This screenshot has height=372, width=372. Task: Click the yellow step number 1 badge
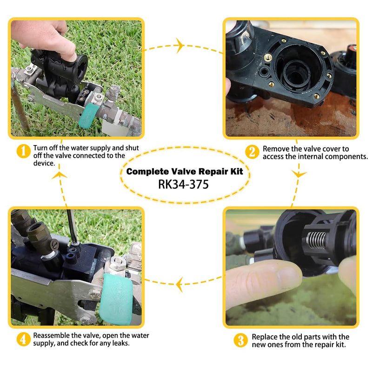[x=24, y=151]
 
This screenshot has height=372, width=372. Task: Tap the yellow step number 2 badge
[x=252, y=152]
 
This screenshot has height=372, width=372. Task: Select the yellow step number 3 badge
[x=240, y=340]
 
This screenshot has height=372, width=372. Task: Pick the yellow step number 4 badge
[x=24, y=339]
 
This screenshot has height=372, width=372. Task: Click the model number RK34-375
[x=183, y=184]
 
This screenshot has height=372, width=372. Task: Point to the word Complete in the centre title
[x=147, y=172]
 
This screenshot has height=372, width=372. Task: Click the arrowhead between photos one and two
[x=180, y=45]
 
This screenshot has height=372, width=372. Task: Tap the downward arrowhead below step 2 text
[x=299, y=174]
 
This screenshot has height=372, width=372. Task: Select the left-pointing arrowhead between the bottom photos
[x=180, y=284]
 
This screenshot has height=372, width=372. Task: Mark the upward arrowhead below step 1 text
[x=60, y=175]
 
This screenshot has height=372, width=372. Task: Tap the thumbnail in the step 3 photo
[x=289, y=279]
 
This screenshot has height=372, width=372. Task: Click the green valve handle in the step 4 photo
[x=116, y=299]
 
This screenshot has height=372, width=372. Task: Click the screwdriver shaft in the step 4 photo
[x=72, y=226]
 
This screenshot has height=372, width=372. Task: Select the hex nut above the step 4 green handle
[x=118, y=262]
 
